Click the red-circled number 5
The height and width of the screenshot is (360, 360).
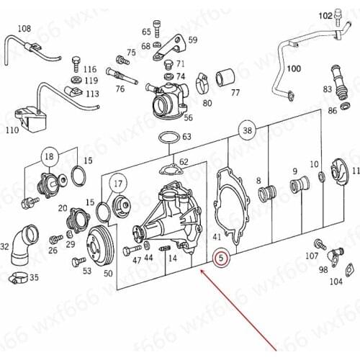coord(222,256)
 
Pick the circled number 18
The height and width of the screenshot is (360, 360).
coord(49,157)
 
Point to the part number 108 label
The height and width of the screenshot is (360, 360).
coord(24,29)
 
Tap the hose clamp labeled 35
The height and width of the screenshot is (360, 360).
coord(19,276)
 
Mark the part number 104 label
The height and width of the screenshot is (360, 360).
coord(336,282)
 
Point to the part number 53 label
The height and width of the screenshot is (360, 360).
coord(86,271)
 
